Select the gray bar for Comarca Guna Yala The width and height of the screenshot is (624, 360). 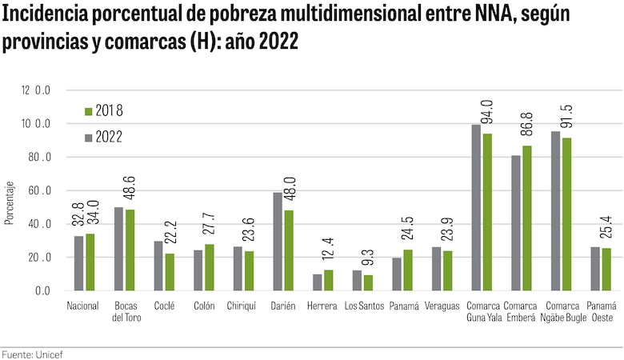[476, 208]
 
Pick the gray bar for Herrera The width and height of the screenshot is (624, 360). [317, 282]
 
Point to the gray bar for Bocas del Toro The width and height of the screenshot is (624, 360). [118, 249]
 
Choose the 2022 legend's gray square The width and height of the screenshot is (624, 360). [88, 137]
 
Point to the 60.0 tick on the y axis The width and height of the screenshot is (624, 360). [37, 191]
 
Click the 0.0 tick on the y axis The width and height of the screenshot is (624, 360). [40, 291]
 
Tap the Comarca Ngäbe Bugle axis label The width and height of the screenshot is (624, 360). [562, 312]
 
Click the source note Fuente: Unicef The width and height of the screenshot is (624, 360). [30, 353]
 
